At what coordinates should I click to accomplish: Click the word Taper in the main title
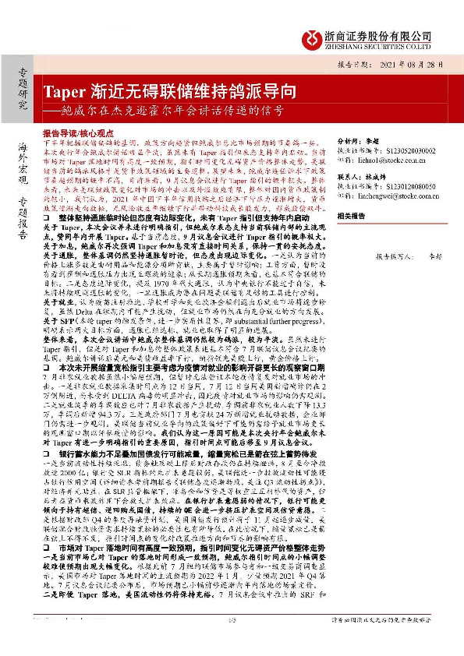click(x=61, y=90)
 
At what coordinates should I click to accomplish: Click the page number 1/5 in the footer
click(x=232, y=642)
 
